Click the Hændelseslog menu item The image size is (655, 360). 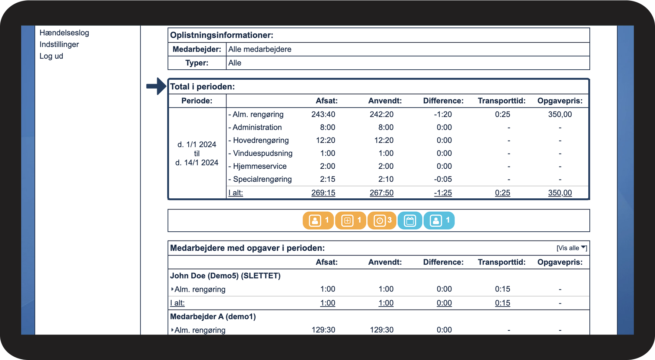click(64, 33)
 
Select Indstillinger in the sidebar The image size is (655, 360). click(59, 44)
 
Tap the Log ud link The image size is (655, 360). click(51, 56)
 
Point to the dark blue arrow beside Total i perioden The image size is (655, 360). click(156, 86)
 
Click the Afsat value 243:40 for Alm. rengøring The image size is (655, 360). click(323, 114)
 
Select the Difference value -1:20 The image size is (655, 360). click(443, 114)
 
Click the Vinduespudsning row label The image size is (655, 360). click(260, 153)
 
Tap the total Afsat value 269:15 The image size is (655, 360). click(323, 193)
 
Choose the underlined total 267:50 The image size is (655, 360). click(381, 193)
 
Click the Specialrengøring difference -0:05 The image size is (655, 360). click(443, 179)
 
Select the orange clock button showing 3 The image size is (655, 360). click(382, 221)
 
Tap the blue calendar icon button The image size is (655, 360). click(410, 221)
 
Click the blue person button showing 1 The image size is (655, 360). click(439, 221)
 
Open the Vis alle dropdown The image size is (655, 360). click(572, 248)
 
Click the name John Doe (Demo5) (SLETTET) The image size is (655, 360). click(225, 276)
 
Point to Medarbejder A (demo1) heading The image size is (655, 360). click(213, 317)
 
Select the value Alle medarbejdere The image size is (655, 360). click(260, 49)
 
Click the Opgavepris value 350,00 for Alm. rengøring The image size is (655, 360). click(560, 114)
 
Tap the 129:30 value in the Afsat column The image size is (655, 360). click(323, 330)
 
